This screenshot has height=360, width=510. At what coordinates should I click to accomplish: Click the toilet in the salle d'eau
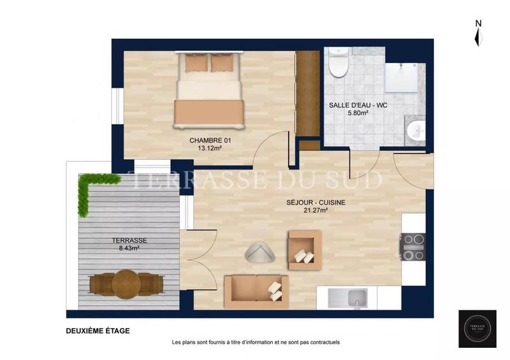[x=339, y=63]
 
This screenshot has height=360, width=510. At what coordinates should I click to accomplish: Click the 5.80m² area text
[x=359, y=113]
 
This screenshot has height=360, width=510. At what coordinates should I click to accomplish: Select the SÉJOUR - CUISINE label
[x=316, y=203]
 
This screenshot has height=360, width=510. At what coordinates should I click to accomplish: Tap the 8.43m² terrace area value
[x=129, y=248]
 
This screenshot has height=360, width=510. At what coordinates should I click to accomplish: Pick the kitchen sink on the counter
[x=348, y=298]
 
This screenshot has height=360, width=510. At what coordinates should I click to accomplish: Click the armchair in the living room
[x=304, y=250]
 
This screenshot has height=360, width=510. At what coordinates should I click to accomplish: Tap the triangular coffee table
[x=260, y=252]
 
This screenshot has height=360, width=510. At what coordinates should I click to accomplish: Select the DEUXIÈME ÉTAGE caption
[x=97, y=331]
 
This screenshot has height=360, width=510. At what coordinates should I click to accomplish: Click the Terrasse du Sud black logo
[x=477, y=329]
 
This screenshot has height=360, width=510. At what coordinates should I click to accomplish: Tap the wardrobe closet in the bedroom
[x=308, y=94]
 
